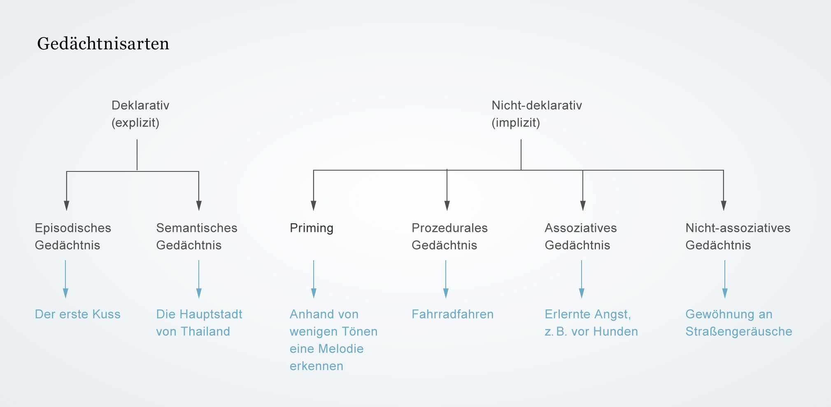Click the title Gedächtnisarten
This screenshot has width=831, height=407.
click(x=103, y=44)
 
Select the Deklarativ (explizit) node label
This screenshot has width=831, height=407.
click(x=140, y=114)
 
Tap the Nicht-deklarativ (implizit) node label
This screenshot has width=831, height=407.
click(x=537, y=114)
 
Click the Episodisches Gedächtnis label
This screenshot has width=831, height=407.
click(x=73, y=236)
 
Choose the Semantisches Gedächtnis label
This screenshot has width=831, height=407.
click(x=197, y=236)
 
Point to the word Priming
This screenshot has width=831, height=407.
click(x=312, y=228)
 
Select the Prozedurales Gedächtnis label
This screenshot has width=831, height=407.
click(x=449, y=236)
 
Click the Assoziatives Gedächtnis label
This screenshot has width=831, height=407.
click(x=581, y=236)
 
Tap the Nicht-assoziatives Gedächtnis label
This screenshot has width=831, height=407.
click(x=738, y=236)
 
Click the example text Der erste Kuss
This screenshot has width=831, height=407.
click(x=78, y=314)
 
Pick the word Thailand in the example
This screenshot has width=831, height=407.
click(x=205, y=331)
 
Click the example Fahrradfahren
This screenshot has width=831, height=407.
click(x=453, y=314)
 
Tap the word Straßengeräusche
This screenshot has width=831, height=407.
click(x=739, y=332)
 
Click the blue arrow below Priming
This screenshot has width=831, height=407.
click(x=314, y=279)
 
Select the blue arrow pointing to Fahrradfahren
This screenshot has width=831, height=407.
click(x=446, y=279)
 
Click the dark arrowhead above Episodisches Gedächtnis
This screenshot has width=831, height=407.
click(x=67, y=206)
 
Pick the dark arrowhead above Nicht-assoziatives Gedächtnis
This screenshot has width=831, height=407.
click(x=724, y=206)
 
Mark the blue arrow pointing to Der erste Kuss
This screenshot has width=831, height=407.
click(x=65, y=279)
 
